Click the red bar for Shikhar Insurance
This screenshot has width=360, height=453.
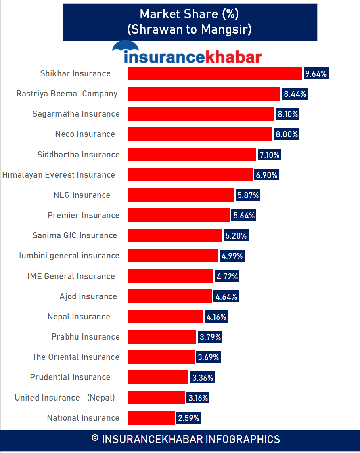pyautogui.click(x=215, y=73)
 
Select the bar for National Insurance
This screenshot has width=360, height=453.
pyautogui.click(x=151, y=418)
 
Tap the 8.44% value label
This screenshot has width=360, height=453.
pyautogui.click(x=295, y=94)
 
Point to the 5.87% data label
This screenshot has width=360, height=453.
pyautogui.click(x=248, y=195)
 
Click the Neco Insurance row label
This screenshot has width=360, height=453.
pyautogui.click(x=85, y=134)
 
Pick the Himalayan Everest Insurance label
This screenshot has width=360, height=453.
pyautogui.click(x=59, y=175)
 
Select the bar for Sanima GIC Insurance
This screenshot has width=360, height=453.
pyautogui.click(x=175, y=235)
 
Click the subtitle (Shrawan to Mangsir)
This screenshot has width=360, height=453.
pyautogui.click(x=189, y=29)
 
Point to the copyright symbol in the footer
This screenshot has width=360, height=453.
pyautogui.click(x=95, y=439)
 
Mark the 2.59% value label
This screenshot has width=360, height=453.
pyautogui.click(x=188, y=418)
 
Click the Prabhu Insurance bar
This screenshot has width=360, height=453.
pyautogui.click(x=162, y=337)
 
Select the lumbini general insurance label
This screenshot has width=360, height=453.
pyautogui.click(x=69, y=256)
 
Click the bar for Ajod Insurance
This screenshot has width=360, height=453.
pyautogui.click(x=170, y=296)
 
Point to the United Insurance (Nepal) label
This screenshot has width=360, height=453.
pyautogui.click(x=65, y=398)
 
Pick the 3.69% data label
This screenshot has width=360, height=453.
pyautogui.click(x=208, y=357)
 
